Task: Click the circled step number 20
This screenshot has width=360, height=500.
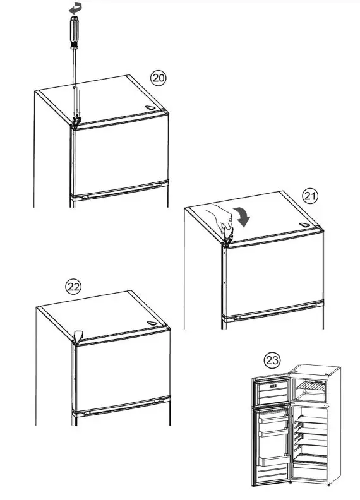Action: pos(159,78)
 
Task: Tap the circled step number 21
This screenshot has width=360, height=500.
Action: pos(310,196)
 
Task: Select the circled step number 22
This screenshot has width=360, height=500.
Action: pos(75,287)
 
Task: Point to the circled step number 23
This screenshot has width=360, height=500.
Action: pos(272,360)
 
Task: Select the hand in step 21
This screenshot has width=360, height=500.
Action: pos(222,221)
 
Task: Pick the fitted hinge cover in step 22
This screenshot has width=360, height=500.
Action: pos(78,335)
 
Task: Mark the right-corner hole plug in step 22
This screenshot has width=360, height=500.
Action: pos(152,323)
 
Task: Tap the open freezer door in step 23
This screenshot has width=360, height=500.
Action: pos(271,391)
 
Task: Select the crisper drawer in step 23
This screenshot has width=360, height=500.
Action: pos(311,470)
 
